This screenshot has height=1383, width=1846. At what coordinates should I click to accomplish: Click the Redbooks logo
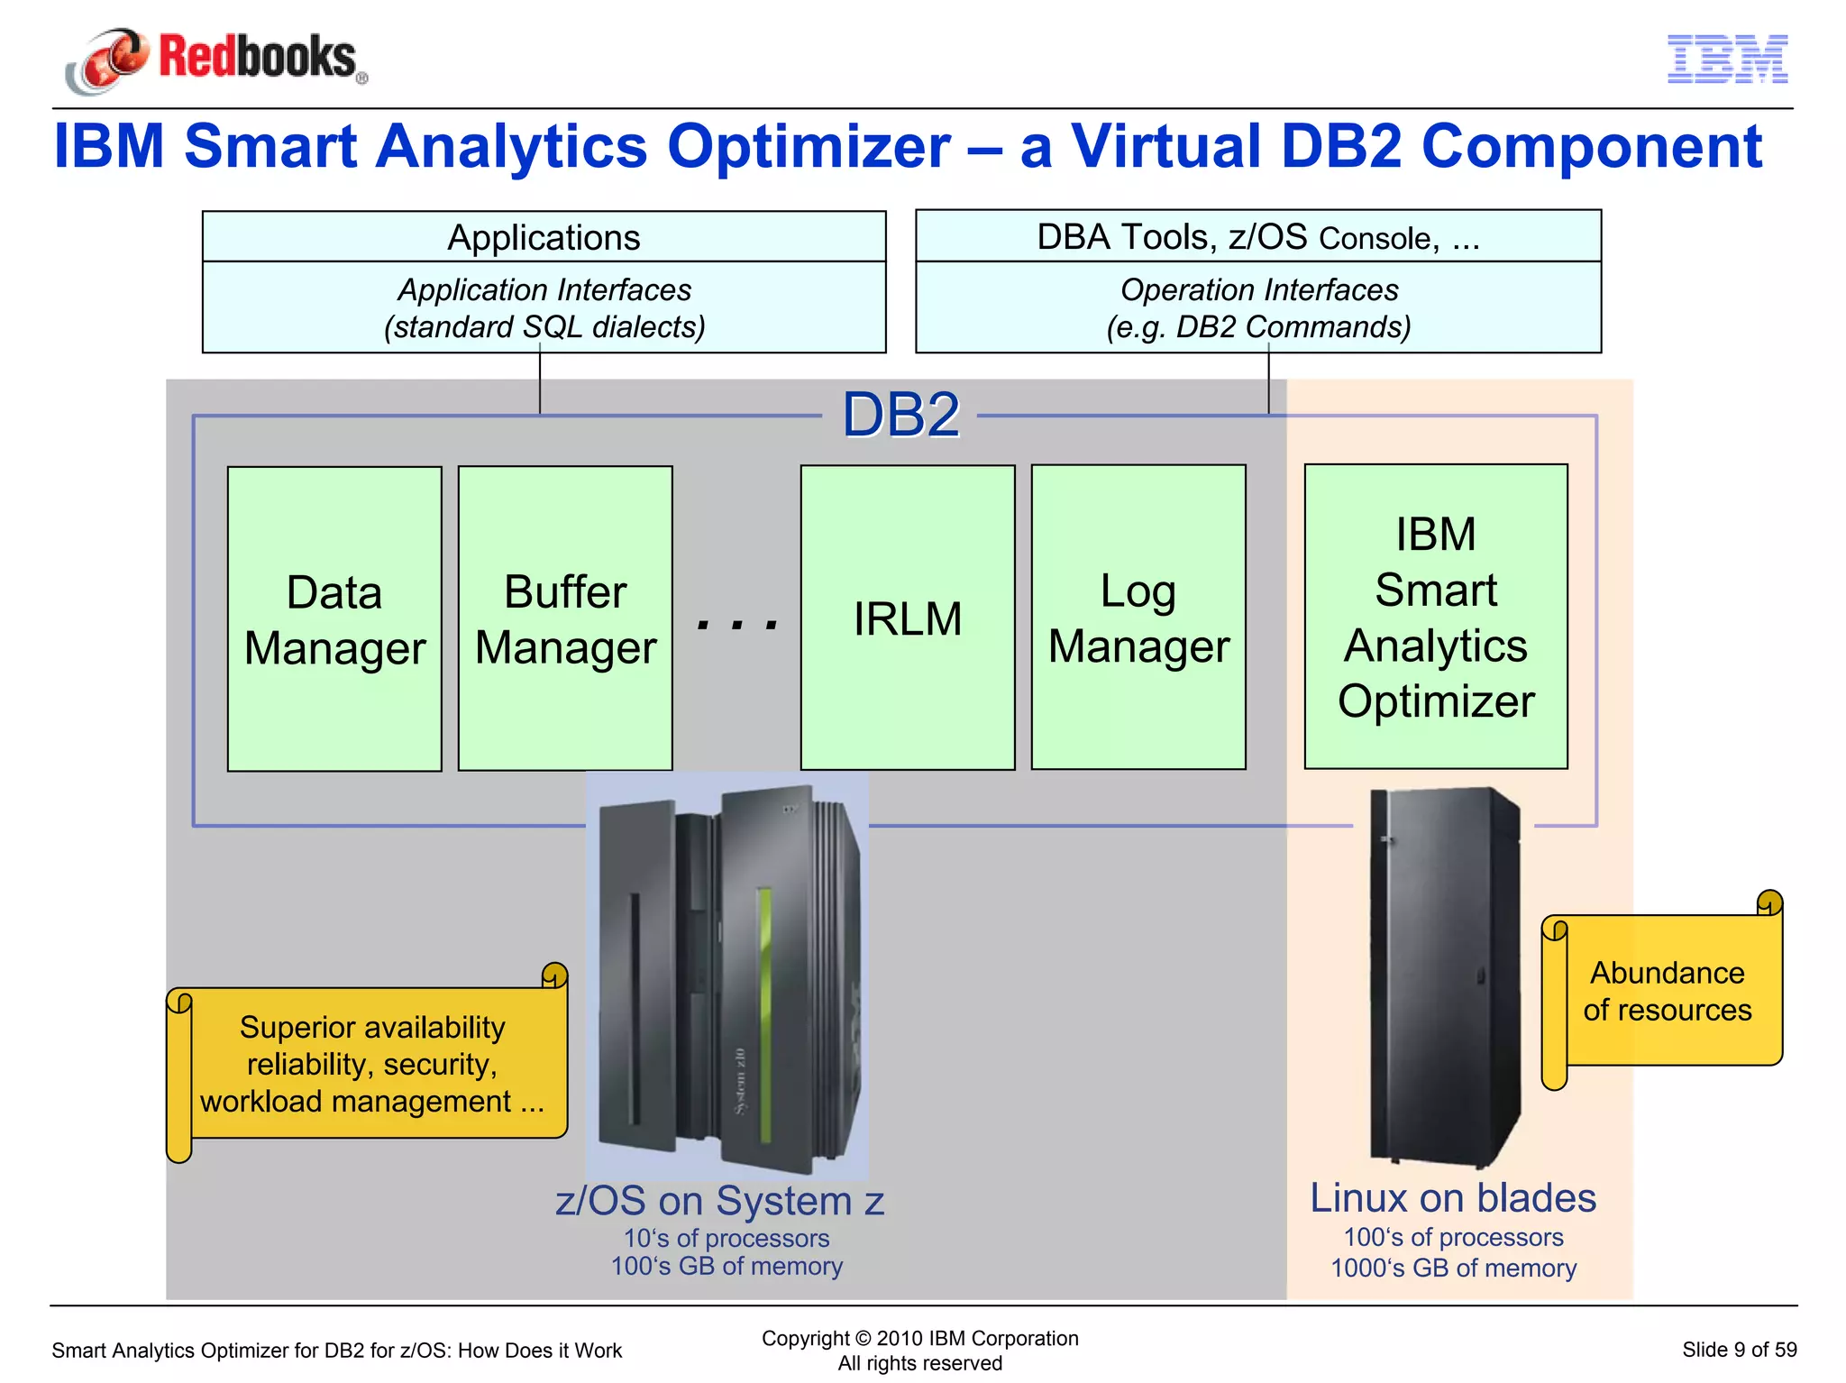[x=216, y=60]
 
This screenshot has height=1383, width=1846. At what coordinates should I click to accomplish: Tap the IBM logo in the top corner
[x=1727, y=60]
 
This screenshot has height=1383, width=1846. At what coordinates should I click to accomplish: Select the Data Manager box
[x=334, y=618]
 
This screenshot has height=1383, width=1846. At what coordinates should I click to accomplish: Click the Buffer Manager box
[x=565, y=618]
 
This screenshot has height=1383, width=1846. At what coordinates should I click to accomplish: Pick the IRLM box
[x=908, y=618]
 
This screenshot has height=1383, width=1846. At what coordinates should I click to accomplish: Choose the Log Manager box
[x=1138, y=618]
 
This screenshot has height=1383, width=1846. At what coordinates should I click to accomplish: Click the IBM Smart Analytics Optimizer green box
[x=1436, y=617]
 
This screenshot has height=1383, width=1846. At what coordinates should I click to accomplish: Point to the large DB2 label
[x=900, y=416]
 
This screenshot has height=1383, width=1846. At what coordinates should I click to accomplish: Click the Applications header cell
[x=544, y=238]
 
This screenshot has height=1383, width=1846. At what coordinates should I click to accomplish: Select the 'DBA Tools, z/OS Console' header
[x=1258, y=237]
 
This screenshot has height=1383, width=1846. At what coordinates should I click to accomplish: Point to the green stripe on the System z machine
[x=764, y=1014]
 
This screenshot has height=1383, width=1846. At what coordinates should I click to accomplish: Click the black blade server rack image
[x=1442, y=978]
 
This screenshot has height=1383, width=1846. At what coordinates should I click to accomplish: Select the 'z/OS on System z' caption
[x=719, y=1201]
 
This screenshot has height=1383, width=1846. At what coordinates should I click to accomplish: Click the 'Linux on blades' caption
[x=1453, y=1198]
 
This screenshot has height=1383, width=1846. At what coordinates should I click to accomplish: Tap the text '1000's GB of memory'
[x=1453, y=1268]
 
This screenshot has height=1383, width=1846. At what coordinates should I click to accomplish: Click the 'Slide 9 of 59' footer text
[x=1739, y=1350]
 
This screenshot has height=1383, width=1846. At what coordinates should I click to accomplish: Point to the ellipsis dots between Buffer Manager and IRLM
[x=737, y=623]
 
